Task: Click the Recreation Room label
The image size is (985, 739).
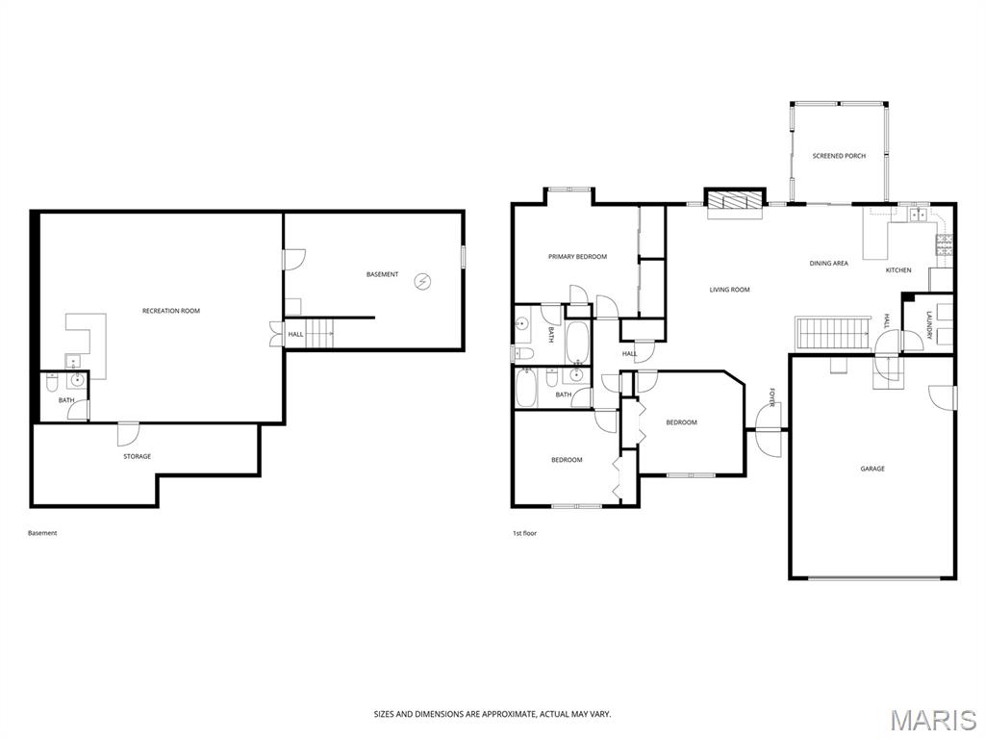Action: (x=171, y=311)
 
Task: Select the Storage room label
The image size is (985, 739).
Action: (x=137, y=456)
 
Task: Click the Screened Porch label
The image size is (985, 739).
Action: (x=839, y=155)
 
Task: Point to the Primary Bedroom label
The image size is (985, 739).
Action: (x=577, y=256)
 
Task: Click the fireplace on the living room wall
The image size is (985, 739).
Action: (x=734, y=199)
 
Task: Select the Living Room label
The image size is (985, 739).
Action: (x=729, y=290)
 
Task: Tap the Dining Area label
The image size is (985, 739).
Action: (x=828, y=264)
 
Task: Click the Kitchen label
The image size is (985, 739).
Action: (x=898, y=270)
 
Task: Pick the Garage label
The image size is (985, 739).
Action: (x=872, y=469)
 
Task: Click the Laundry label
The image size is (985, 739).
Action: (x=929, y=325)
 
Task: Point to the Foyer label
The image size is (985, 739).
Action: (x=772, y=396)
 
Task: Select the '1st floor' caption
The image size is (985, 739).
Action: (x=525, y=533)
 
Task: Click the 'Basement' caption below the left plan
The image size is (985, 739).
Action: (x=42, y=533)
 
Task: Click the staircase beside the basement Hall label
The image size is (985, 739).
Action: (x=319, y=333)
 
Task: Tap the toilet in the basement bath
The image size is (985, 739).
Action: (x=53, y=382)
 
